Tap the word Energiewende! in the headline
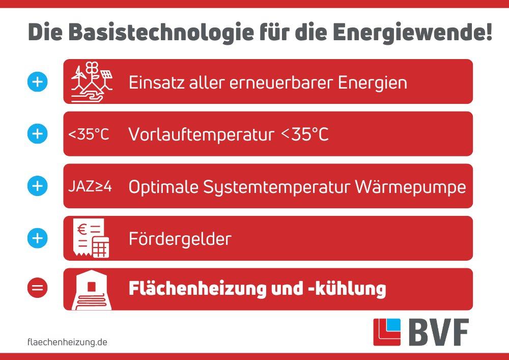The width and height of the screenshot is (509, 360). point(412,33)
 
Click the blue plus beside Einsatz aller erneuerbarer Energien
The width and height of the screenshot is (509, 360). point(38,81)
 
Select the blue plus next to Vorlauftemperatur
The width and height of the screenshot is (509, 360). point(38,134)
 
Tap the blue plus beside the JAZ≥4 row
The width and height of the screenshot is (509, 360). point(38,186)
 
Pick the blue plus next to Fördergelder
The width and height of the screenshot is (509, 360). point(38,238)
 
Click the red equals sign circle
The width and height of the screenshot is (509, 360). point(38,288)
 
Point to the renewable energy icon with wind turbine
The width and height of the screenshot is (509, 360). point(92,82)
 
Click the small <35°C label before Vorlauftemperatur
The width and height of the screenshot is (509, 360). point(89,134)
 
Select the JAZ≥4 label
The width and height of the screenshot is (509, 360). point(90,186)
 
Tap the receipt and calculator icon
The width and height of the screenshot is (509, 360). point(91,238)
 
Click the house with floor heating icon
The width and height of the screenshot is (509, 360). point(92,290)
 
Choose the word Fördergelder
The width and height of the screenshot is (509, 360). point(180,239)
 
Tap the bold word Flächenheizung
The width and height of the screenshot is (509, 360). point(197,289)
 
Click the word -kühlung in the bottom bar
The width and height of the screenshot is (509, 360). point(347,289)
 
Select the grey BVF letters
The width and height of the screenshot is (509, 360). point(439,332)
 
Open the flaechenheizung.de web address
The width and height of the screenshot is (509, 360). point(68,342)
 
